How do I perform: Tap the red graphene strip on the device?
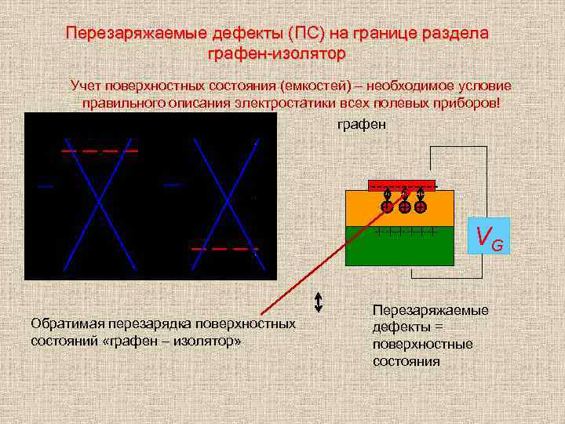[x=401, y=186]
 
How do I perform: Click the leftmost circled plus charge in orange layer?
[x=387, y=207]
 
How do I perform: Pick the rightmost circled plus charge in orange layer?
[x=421, y=207]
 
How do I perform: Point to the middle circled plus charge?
[x=403, y=207]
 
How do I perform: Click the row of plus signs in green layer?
[x=403, y=232]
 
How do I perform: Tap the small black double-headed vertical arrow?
[x=319, y=302]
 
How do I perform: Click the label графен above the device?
[x=361, y=126]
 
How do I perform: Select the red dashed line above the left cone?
[x=100, y=149]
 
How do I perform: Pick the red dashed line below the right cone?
[x=224, y=249]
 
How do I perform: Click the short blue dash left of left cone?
[x=46, y=186]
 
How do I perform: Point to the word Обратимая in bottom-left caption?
[x=63, y=323]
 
